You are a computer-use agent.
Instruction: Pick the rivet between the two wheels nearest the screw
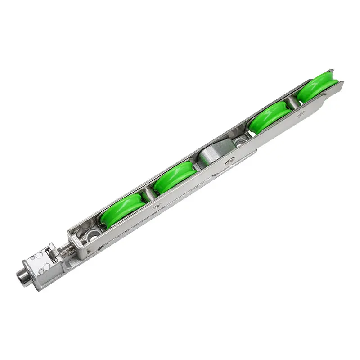coord(156,207)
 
